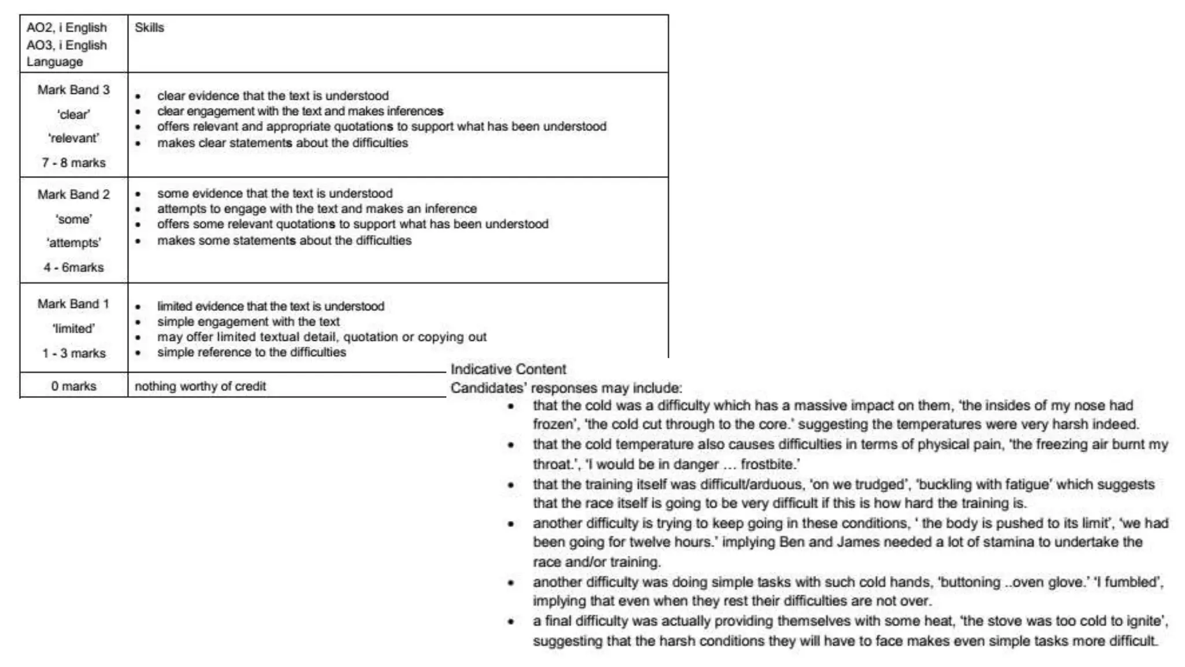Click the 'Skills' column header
click(x=149, y=28)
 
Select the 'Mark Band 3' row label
click(x=73, y=90)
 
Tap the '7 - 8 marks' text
click(x=73, y=163)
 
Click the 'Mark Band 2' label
click(x=73, y=195)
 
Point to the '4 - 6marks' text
click(x=73, y=267)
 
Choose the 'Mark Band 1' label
click(x=73, y=304)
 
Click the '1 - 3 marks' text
click(x=73, y=353)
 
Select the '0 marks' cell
click(x=73, y=386)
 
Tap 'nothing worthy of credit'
click(x=200, y=386)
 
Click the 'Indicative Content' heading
click(x=508, y=369)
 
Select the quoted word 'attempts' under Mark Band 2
click(x=73, y=243)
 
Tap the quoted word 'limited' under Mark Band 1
click(x=73, y=329)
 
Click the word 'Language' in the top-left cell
click(x=54, y=62)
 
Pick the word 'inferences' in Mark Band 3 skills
click(x=415, y=111)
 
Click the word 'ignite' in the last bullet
click(x=1145, y=621)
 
